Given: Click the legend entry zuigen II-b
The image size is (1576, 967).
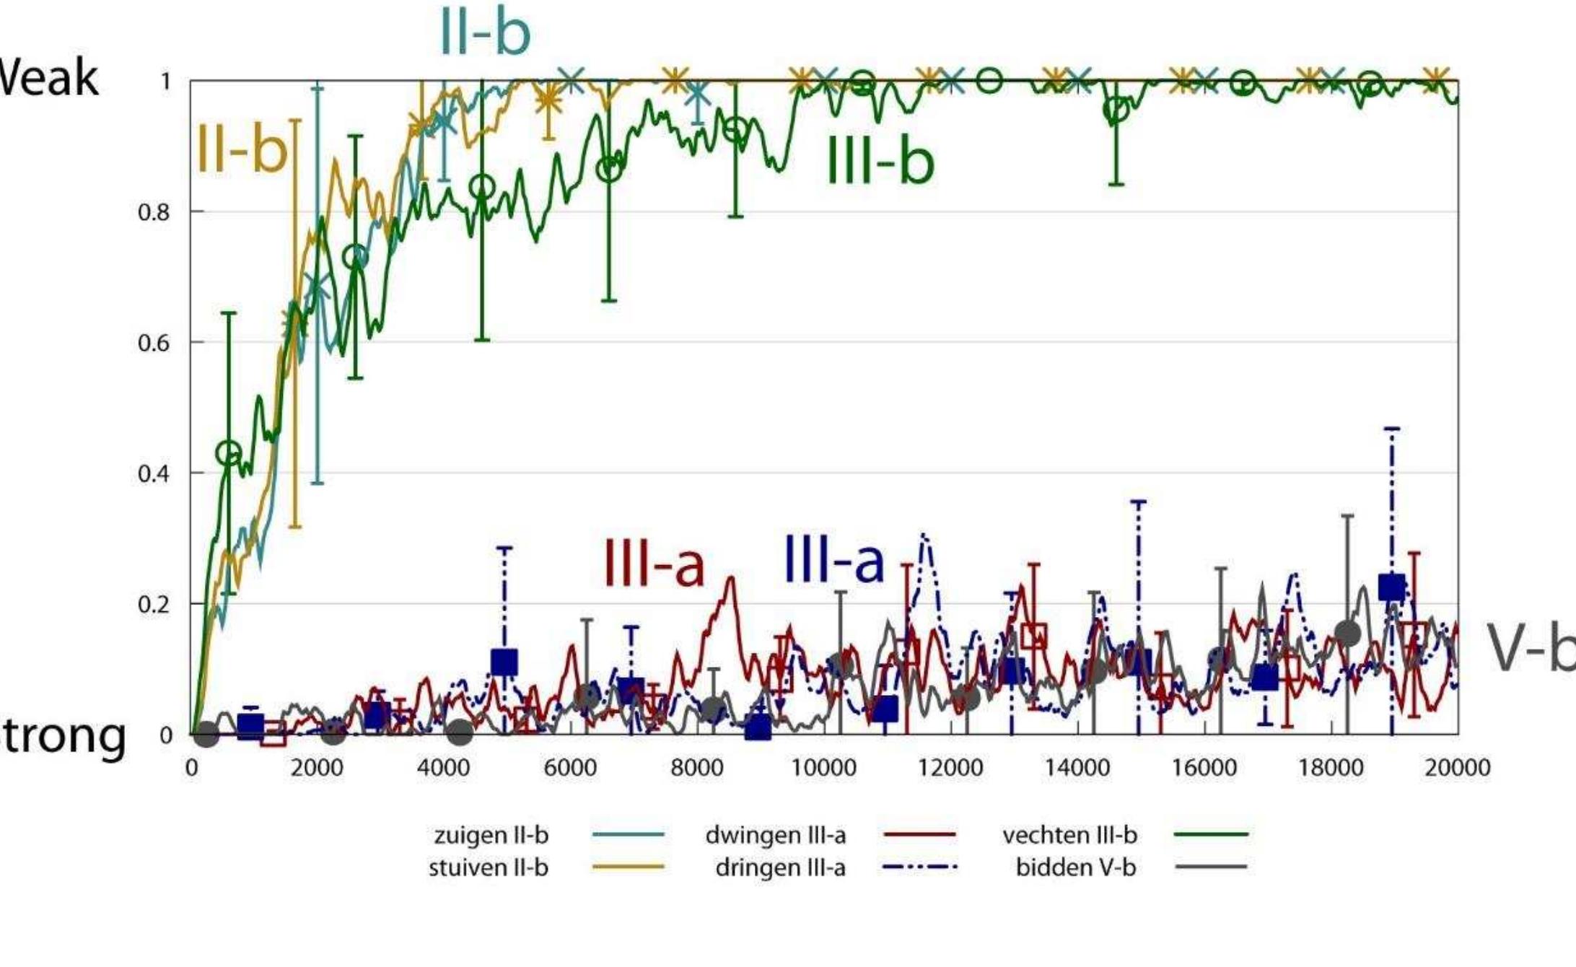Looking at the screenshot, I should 491,835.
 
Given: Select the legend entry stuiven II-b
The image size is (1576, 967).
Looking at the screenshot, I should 489,867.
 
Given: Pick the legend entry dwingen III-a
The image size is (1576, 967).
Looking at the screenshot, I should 775,835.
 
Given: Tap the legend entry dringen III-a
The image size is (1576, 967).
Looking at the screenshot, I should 780,867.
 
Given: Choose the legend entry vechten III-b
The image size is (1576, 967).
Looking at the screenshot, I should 1069,835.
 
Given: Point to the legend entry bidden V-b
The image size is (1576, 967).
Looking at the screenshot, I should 1075,867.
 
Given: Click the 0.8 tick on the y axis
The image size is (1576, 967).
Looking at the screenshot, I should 154,213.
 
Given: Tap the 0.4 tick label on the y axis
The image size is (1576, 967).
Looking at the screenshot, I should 154,474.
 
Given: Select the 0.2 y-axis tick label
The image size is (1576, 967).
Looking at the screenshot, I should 154,605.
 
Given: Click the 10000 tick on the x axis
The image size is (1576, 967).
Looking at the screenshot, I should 823,768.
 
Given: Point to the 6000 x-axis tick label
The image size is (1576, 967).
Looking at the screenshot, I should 570,768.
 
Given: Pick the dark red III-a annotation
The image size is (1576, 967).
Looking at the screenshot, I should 653,563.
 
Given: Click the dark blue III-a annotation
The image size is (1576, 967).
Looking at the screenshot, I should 833,559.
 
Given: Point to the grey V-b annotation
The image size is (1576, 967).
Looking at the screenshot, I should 1530,648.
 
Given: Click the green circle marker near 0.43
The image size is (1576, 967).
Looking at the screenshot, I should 229,453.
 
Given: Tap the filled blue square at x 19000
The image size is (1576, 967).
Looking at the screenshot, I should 1391,587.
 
